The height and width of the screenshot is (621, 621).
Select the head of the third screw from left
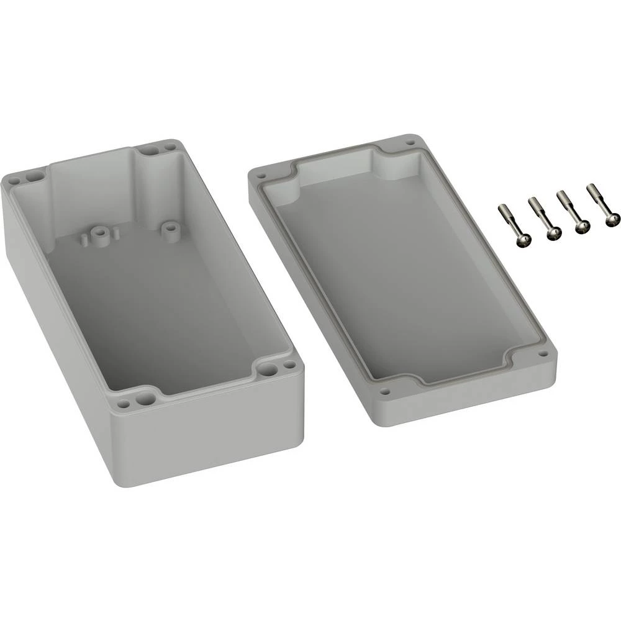581,228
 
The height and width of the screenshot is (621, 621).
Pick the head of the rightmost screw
612,219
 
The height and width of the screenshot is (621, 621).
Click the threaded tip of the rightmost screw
590,188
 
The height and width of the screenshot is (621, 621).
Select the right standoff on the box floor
168,228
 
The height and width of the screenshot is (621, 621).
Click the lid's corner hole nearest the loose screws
410,142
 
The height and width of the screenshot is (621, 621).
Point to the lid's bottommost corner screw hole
385,392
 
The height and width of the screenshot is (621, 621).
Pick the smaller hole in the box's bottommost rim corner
124,404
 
